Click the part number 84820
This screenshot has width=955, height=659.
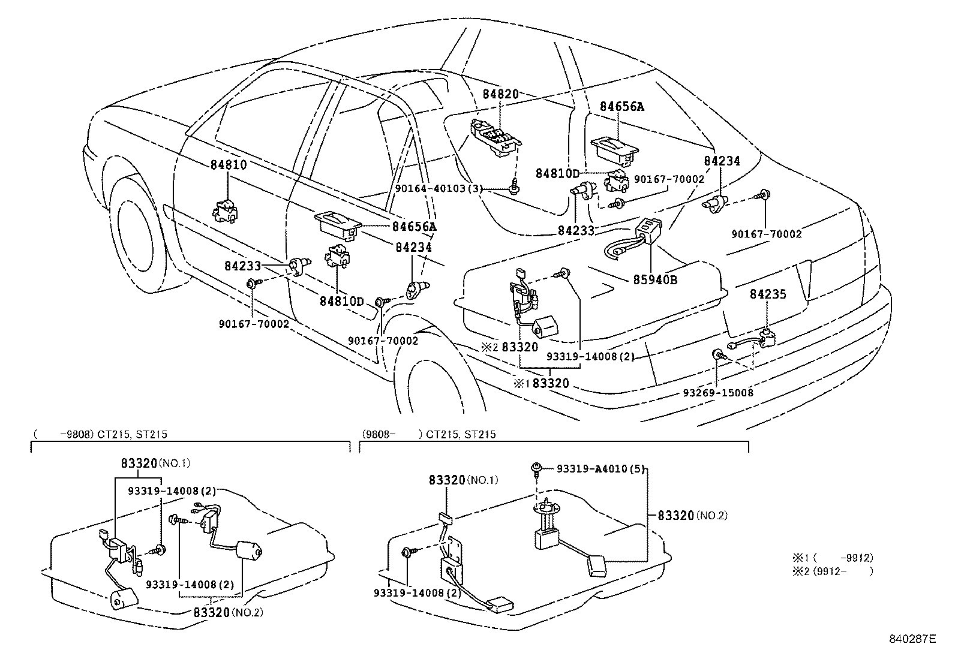tap(501, 94)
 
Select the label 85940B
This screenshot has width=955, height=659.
tap(655, 279)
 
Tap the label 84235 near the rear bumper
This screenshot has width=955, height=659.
tap(767, 294)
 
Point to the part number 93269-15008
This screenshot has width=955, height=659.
tap(718, 393)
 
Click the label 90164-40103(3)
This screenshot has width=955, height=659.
tap(439, 188)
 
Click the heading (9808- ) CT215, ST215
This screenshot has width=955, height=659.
tap(429, 434)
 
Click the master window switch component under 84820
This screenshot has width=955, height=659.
tap(495, 138)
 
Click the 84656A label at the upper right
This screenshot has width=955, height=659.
tap(622, 107)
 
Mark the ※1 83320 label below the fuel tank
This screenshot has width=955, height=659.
tap(541, 383)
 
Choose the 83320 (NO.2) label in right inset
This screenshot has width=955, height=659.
tap(692, 515)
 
